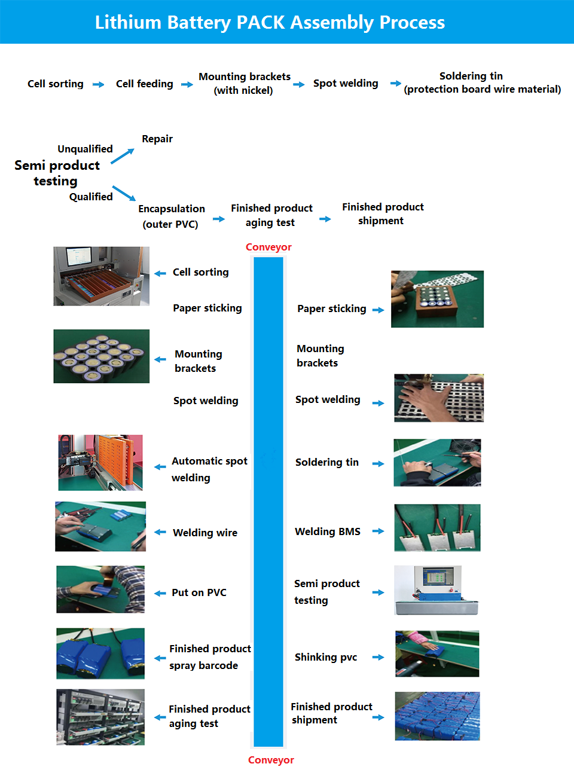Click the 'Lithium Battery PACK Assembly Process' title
pyautogui.click(x=270, y=23)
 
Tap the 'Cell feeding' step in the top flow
pyautogui.click(x=145, y=84)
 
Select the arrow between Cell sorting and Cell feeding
pyautogui.click(x=98, y=84)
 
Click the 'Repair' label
pyautogui.click(x=157, y=139)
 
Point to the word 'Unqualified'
pyautogui.click(x=85, y=149)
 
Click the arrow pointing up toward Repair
pyautogui.click(x=123, y=156)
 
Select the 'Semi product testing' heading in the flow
pyautogui.click(x=57, y=173)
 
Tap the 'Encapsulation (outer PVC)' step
pyautogui.click(x=172, y=216)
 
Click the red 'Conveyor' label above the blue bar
pyautogui.click(x=268, y=247)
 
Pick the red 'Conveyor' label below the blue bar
pyautogui.click(x=271, y=760)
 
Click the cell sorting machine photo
pyautogui.click(x=102, y=276)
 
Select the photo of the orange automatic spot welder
pyautogui.click(x=100, y=463)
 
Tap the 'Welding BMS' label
pyautogui.click(x=328, y=531)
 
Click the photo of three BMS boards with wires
pyautogui.click(x=437, y=527)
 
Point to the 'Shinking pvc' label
pyautogui.click(x=326, y=658)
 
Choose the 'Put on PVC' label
pyautogui.click(x=199, y=592)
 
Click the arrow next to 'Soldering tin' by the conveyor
pyautogui.click(x=378, y=464)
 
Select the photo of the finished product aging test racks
pyautogui.click(x=100, y=717)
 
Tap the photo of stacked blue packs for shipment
pyautogui.click(x=438, y=716)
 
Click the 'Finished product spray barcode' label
pyautogui.click(x=210, y=657)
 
